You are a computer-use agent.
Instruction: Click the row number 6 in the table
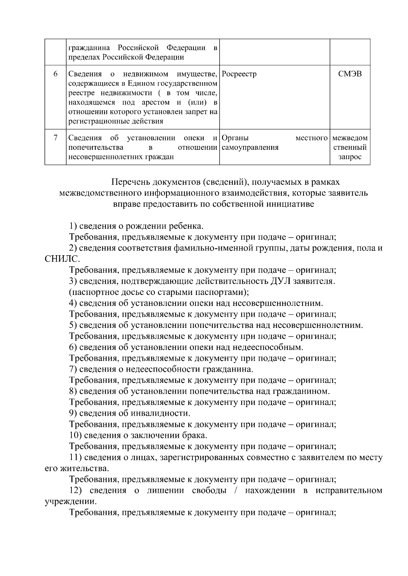55,74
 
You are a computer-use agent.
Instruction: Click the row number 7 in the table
55,138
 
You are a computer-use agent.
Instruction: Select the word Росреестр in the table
239,74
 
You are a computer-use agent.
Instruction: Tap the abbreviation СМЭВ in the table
350,74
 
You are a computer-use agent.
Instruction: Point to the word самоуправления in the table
250,147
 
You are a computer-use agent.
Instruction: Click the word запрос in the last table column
350,157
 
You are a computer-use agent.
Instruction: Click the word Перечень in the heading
131,182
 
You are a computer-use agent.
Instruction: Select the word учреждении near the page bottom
70,501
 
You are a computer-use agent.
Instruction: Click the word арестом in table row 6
154,102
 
